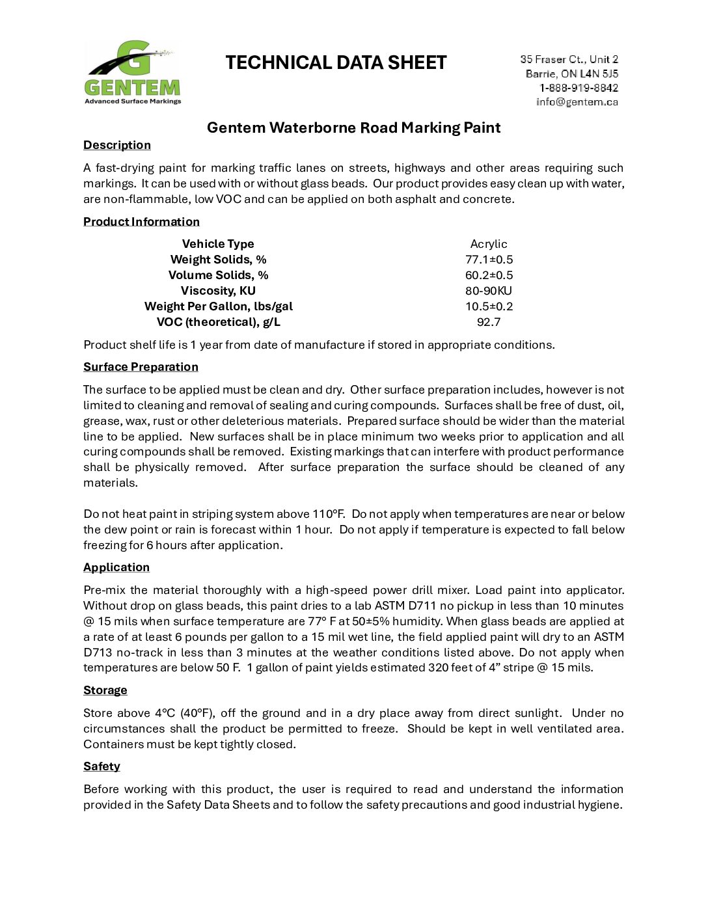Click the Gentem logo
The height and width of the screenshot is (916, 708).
pos(133,73)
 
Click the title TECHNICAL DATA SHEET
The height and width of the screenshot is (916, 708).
pos(336,62)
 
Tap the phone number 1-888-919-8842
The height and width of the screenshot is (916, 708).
pos(579,88)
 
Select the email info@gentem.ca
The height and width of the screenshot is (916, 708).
pos(577,101)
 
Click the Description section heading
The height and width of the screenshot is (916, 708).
pos(117,145)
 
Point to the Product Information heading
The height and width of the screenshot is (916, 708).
pos(141,222)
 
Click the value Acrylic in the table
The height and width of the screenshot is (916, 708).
pos(489,244)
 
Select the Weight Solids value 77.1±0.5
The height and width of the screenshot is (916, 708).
pos(489,260)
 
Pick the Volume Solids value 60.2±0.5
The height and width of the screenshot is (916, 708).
pos(489,275)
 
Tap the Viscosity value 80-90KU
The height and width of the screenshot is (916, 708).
pos(489,291)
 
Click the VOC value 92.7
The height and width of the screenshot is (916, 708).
pos(489,322)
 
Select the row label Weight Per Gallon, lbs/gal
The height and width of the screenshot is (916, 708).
pos(219,306)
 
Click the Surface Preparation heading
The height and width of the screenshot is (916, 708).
pos(141,367)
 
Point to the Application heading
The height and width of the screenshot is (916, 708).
pos(116,567)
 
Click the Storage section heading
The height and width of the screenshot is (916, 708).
pos(105,690)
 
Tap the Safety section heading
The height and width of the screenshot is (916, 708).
pos(102,766)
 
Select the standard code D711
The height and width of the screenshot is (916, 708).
pos(422,606)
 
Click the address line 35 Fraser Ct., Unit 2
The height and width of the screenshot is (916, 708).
pos(569,59)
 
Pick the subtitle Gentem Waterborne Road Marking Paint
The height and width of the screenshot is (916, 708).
pos(353,128)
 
